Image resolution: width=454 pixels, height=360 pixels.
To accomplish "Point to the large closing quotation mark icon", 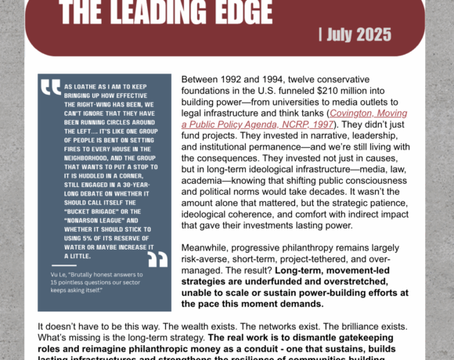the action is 157,258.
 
